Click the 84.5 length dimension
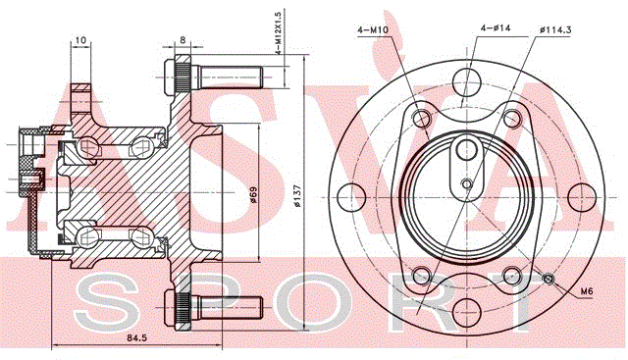pos(137,337)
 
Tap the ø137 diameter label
pos(297,195)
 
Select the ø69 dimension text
pos(253,194)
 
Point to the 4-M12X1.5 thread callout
pos(279,32)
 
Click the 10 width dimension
pos(80,40)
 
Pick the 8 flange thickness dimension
pos(183,39)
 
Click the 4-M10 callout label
pos(373,29)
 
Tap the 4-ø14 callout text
pos(496,28)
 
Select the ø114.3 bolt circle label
pos(555,28)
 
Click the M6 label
pos(587,291)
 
